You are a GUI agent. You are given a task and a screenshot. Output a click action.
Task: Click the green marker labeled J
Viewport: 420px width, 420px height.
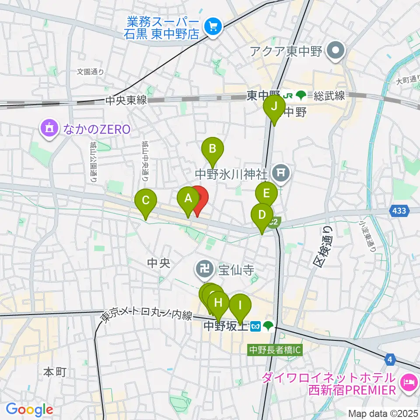click(x=274, y=107)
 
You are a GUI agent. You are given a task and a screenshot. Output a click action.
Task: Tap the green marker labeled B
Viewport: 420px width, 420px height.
click(x=212, y=149)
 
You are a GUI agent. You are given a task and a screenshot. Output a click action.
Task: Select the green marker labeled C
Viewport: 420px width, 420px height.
click(x=146, y=201)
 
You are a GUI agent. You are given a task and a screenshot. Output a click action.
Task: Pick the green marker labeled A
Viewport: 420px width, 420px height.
click(x=188, y=199)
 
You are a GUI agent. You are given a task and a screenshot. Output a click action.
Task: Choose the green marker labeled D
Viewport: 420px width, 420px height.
click(x=262, y=215)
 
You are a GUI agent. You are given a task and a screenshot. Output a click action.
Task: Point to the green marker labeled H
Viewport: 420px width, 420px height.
click(x=218, y=302)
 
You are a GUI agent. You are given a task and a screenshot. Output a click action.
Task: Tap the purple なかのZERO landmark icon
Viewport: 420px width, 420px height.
click(x=49, y=129)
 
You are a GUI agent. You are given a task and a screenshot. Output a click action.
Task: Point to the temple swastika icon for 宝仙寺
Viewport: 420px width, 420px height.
click(x=204, y=265)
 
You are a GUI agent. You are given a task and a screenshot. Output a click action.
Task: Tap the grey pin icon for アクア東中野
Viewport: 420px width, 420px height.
click(x=336, y=51)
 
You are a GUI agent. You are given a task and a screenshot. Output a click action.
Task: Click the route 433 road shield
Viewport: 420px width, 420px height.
click(x=399, y=211)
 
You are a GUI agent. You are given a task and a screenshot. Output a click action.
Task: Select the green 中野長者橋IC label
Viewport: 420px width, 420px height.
click(x=275, y=350)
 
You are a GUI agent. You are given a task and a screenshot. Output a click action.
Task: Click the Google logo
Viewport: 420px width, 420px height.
click(x=29, y=410)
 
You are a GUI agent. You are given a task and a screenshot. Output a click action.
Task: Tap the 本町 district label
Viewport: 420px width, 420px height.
click(x=55, y=372)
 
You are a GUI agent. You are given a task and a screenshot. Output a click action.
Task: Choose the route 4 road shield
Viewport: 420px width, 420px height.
click(x=390, y=360)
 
